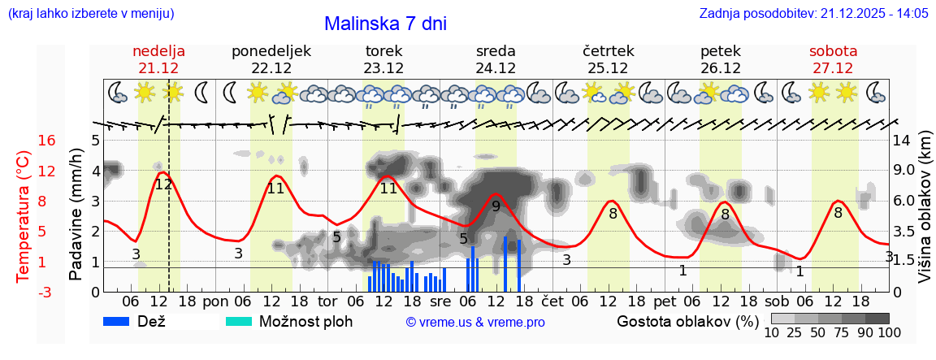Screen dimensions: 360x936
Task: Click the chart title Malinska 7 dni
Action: tap(385, 24)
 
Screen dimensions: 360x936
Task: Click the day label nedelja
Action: tap(159, 51)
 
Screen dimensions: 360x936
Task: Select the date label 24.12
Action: tap(496, 68)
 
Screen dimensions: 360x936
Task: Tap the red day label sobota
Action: tap(833, 51)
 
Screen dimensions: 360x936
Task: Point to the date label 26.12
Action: tap(720, 68)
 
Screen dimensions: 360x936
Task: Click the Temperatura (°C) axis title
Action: tap(23, 215)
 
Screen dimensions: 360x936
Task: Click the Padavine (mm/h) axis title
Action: tap(76, 215)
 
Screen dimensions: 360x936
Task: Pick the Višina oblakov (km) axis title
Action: tap(925, 215)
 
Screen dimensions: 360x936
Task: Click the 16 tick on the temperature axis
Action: tap(46, 141)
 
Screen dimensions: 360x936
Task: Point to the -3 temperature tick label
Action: tap(46, 292)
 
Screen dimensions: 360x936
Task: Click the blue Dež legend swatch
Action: tap(122, 321)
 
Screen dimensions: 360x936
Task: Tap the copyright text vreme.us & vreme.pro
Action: tap(475, 322)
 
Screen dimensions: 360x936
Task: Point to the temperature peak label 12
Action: tap(163, 184)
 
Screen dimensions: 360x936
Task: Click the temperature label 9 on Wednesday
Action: tap(496, 206)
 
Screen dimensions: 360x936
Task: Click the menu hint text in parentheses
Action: tap(90, 14)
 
